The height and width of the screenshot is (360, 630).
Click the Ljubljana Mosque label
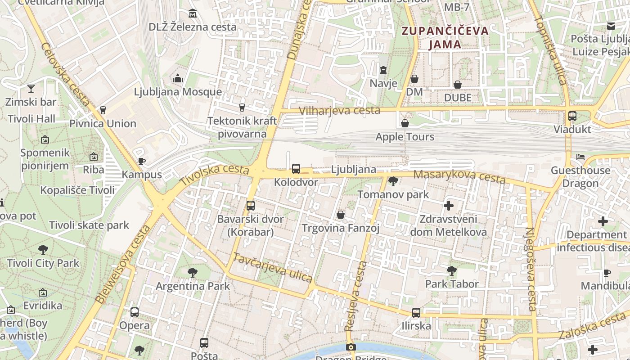pos(178,92)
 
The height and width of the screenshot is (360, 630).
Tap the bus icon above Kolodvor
pos(296,169)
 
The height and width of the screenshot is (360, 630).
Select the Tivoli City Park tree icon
pos(43,250)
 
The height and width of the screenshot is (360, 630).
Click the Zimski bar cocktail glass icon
pos(31,88)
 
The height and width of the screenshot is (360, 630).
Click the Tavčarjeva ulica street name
pos(272,267)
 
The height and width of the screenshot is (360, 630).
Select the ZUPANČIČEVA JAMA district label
pos(445,37)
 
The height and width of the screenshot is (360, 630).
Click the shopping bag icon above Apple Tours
pos(405,123)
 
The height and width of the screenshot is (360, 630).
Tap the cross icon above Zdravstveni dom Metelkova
pos(448,206)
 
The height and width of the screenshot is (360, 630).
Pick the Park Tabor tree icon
pos(452,270)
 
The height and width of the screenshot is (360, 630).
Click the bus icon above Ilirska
pos(416,312)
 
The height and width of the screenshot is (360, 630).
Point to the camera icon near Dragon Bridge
pos(351,347)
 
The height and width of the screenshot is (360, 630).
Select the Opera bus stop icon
pos(135,312)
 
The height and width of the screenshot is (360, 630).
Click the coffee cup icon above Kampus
pos(142,161)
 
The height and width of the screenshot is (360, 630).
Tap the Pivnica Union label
pos(103,123)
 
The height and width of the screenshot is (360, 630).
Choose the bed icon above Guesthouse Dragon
pos(580,157)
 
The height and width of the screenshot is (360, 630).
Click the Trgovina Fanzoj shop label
pos(341,228)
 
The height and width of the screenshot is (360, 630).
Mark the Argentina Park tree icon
pos(193,272)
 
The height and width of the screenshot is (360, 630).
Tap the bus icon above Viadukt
pos(572,116)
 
